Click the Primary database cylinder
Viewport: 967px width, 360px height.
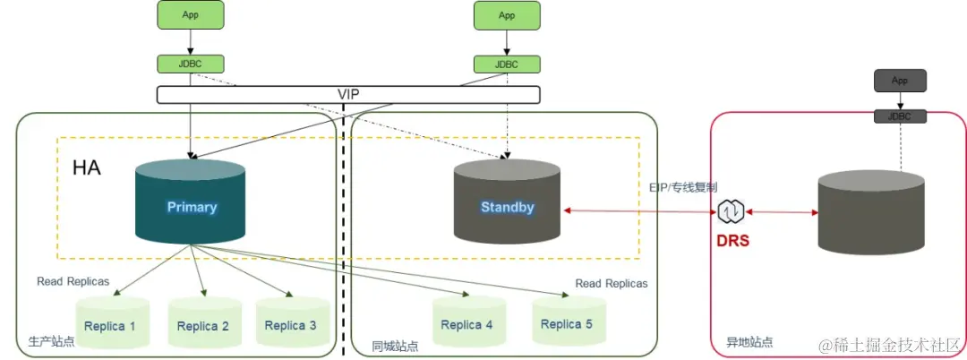point(191,203)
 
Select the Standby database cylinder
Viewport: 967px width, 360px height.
point(507,203)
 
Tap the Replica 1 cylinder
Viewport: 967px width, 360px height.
point(110,324)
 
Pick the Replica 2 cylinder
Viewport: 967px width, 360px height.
point(202,324)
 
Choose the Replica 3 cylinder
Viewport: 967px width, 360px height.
point(290,323)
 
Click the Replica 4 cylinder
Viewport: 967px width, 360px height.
point(466,322)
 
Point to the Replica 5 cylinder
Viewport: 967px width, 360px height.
point(566,321)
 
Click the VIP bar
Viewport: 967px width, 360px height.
point(348,94)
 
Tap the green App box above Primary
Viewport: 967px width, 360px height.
point(191,15)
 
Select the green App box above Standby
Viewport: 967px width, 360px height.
point(507,15)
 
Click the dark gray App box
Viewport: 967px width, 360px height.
point(900,81)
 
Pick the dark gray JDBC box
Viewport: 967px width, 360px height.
point(900,116)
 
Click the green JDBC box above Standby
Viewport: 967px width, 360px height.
point(507,64)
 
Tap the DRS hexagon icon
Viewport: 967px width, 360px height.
point(731,212)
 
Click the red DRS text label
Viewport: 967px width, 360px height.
point(732,242)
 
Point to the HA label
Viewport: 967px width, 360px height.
point(86,167)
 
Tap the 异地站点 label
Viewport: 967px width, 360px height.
point(749,342)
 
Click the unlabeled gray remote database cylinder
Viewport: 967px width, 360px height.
point(871,215)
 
